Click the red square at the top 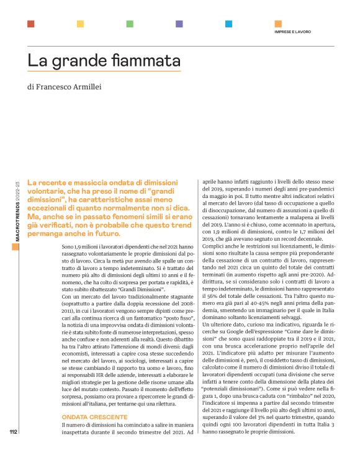point(30,24)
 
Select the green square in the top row point(130,24)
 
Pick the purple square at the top point(179,24)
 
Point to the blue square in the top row point(229,24)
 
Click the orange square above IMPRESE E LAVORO point(278,24)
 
